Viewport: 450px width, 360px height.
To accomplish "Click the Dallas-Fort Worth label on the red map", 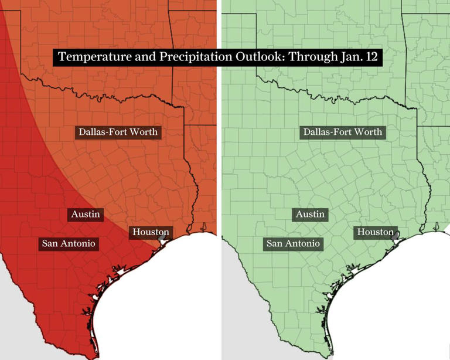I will tap(119, 132).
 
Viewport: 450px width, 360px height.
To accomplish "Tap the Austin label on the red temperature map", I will tap(86, 215).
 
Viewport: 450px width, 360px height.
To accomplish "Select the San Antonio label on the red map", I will tap(69, 243).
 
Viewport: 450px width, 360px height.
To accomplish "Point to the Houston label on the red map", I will tap(151, 232).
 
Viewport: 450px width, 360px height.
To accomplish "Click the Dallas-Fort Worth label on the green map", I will tap(343, 132).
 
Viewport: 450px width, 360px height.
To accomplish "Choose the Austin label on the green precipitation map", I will tap(310, 215).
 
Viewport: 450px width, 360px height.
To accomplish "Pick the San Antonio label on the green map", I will tap(293, 243).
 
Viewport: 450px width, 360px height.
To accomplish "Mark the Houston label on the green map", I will tap(376, 232).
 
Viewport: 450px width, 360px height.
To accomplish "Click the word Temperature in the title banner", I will tap(92, 57).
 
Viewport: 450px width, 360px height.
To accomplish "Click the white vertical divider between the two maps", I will tap(219, 176).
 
